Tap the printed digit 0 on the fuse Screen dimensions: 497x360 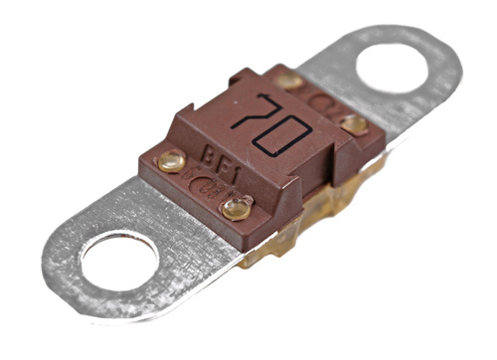(x=282, y=137)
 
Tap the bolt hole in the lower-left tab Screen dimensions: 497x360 (x=120, y=262)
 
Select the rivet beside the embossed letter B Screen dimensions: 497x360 (x=171, y=161)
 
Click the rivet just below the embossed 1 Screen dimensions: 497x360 (x=237, y=209)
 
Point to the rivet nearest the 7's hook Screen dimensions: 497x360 (x=289, y=81)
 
